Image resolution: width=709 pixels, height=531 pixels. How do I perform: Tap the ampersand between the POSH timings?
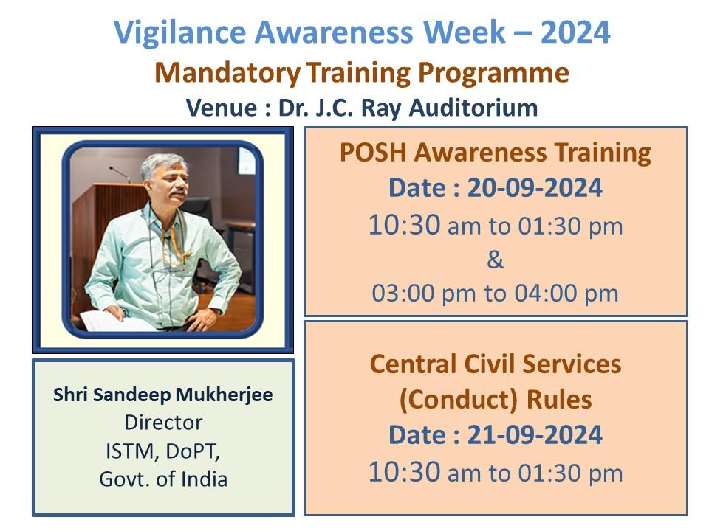[x=496, y=260]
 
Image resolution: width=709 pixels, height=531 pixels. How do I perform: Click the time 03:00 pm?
[x=425, y=294]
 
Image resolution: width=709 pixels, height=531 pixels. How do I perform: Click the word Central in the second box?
[x=417, y=364]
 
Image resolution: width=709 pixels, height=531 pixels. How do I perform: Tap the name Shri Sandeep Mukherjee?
[x=163, y=395]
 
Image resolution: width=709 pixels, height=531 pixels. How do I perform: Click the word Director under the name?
[x=163, y=423]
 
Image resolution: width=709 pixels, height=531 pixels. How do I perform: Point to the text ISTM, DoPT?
[x=163, y=451]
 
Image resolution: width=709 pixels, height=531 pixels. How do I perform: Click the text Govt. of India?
[x=163, y=479]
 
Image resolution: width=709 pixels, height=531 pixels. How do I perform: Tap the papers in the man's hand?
[x=103, y=319]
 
